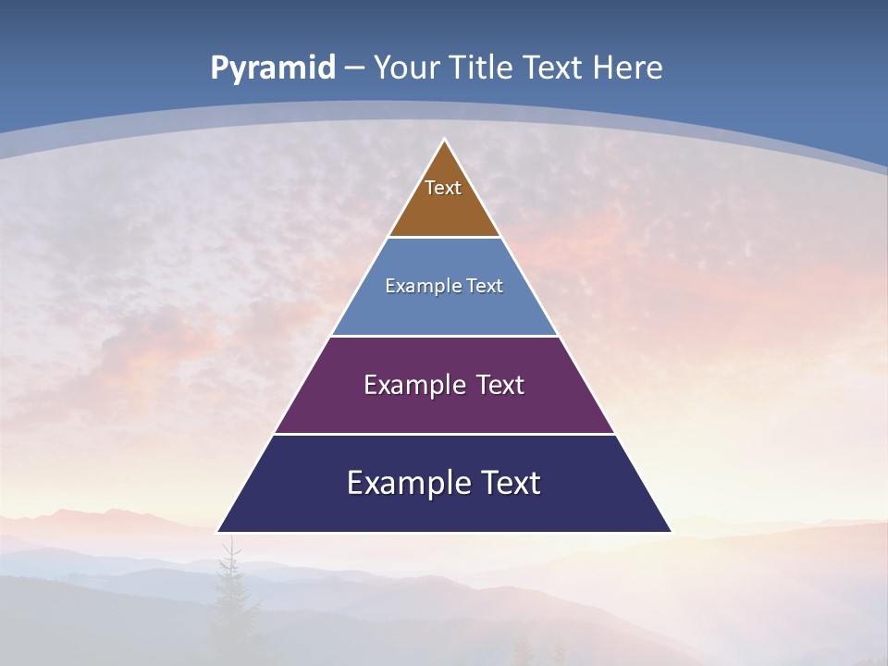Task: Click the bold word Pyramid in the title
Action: coord(272,68)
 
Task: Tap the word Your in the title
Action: coord(407,68)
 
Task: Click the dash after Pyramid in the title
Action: coord(354,68)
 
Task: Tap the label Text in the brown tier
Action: coord(443,188)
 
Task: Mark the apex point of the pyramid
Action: coord(444,141)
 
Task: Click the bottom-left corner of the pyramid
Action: coord(218,532)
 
